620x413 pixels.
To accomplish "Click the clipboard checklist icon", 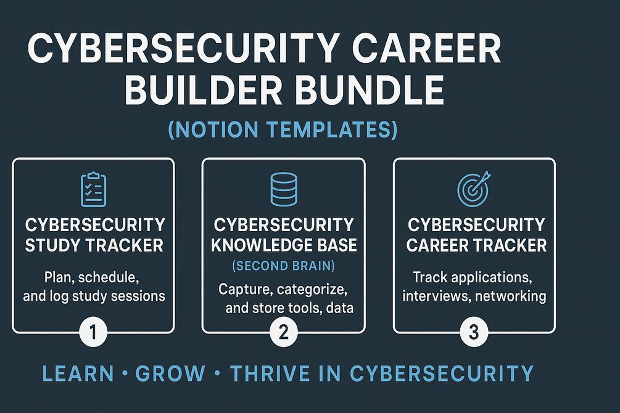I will (94, 189).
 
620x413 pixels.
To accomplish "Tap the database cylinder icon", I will (284, 189).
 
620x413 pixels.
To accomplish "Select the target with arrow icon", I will (473, 188).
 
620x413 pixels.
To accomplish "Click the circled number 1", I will (93, 333).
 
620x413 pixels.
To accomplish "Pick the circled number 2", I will (284, 333).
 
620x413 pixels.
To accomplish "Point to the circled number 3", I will (473, 333).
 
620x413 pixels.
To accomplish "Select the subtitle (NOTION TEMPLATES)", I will (283, 131).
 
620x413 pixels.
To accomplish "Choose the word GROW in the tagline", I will (170, 374).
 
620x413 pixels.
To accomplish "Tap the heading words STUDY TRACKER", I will (94, 245).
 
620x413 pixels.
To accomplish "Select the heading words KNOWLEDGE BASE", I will (284, 245).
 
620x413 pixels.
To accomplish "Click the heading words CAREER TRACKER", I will (476, 245).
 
